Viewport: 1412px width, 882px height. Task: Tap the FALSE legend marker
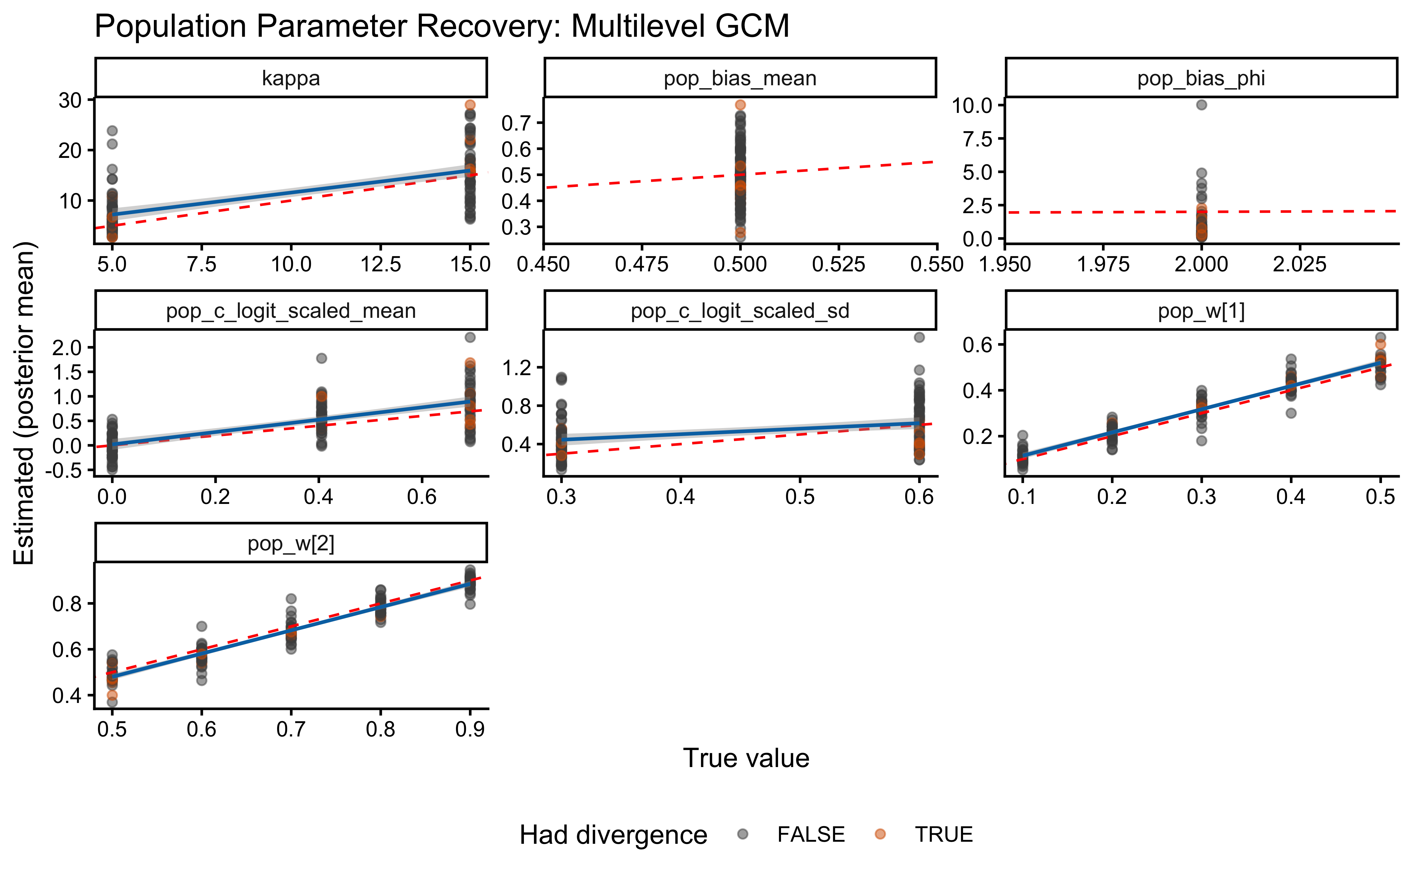742,834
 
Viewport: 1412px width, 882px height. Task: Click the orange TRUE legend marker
880,834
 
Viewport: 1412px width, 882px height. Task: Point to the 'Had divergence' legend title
613,835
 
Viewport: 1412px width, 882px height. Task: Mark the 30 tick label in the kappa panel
70,100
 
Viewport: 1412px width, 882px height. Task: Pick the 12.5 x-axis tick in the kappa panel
380,264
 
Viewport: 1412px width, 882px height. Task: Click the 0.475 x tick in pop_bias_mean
641,264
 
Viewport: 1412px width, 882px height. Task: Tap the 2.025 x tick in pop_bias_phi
1299,264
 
